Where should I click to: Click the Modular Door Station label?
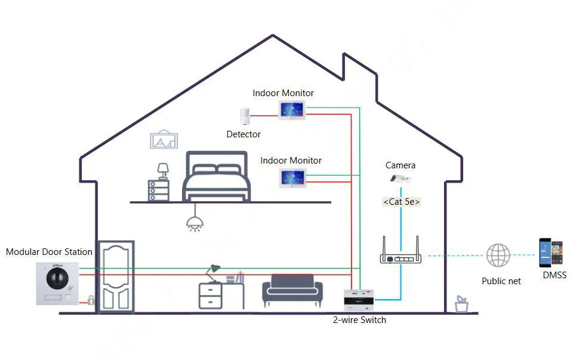tap(49, 252)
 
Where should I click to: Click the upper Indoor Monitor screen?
tap(292, 109)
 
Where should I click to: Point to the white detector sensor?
tap(244, 116)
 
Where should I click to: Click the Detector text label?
tap(244, 134)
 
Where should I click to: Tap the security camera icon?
tap(400, 178)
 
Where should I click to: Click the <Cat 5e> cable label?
tap(401, 202)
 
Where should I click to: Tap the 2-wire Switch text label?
tap(359, 320)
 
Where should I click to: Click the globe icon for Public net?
tap(498, 256)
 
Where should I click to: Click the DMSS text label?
tap(554, 275)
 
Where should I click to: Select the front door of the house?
tap(116, 276)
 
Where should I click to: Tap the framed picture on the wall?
tap(164, 139)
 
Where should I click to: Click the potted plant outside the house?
tap(461, 304)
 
